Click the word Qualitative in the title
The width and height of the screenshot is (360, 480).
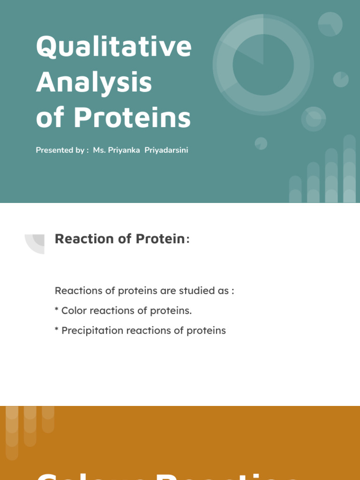click(x=113, y=47)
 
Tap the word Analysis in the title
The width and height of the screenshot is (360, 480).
click(x=94, y=82)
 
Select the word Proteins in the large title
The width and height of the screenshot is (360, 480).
click(x=132, y=118)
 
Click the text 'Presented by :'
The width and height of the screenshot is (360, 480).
click(x=62, y=150)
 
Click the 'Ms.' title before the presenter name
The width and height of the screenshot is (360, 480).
click(x=99, y=150)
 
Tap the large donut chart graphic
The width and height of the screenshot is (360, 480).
click(x=263, y=64)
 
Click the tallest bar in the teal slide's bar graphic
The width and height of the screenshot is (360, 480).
click(x=349, y=169)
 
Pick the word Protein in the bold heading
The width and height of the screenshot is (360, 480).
click(x=160, y=239)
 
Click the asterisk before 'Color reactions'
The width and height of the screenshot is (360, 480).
click(x=57, y=310)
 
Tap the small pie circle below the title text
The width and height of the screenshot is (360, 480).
click(x=261, y=143)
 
